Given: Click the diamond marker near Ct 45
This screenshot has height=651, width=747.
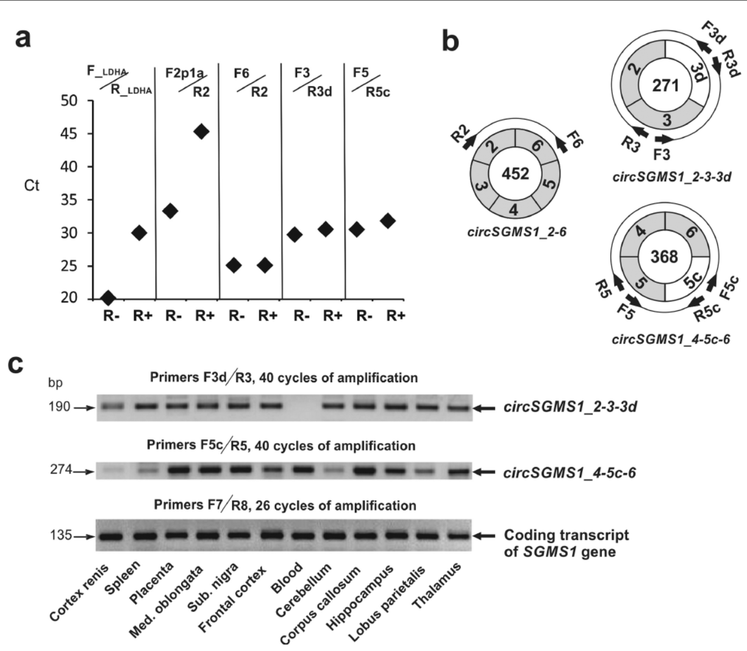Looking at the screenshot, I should pos(201,132).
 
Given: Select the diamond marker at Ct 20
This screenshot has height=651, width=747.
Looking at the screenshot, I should pos(108,298).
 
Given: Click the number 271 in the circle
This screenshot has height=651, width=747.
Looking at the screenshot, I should pos(665,85).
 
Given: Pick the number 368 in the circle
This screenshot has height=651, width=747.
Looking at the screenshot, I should pos(664,256).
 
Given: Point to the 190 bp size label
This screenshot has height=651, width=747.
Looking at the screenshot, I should pos(60,407).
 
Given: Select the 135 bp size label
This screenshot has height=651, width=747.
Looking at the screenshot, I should pos(60,536).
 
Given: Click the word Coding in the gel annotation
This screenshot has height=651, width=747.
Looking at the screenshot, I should pos(527,535).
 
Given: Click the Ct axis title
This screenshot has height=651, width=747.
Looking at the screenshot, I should pos(32,185).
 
